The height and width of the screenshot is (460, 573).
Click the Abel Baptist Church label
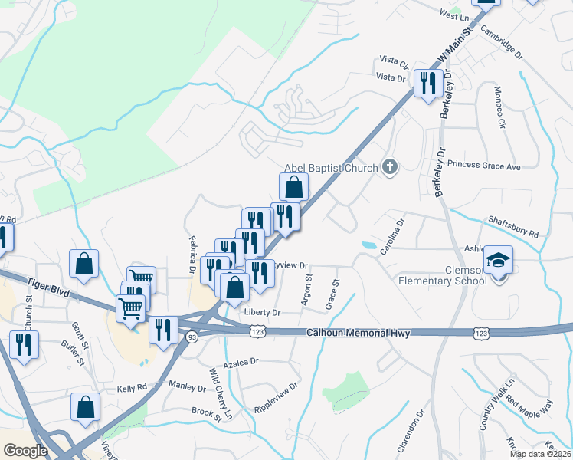coord(331,168)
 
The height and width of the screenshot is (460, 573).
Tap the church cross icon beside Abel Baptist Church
coord(390,167)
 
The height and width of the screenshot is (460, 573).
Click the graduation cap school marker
coord(499,261)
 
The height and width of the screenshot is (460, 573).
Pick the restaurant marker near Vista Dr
coord(426,82)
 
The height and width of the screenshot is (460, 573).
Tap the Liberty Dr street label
coord(262,312)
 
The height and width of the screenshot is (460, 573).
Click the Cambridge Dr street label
coord(501,43)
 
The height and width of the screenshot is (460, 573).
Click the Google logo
coord(25,451)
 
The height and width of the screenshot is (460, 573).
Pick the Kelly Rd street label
coord(131,389)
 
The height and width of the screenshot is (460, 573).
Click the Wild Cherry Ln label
coord(220,387)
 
